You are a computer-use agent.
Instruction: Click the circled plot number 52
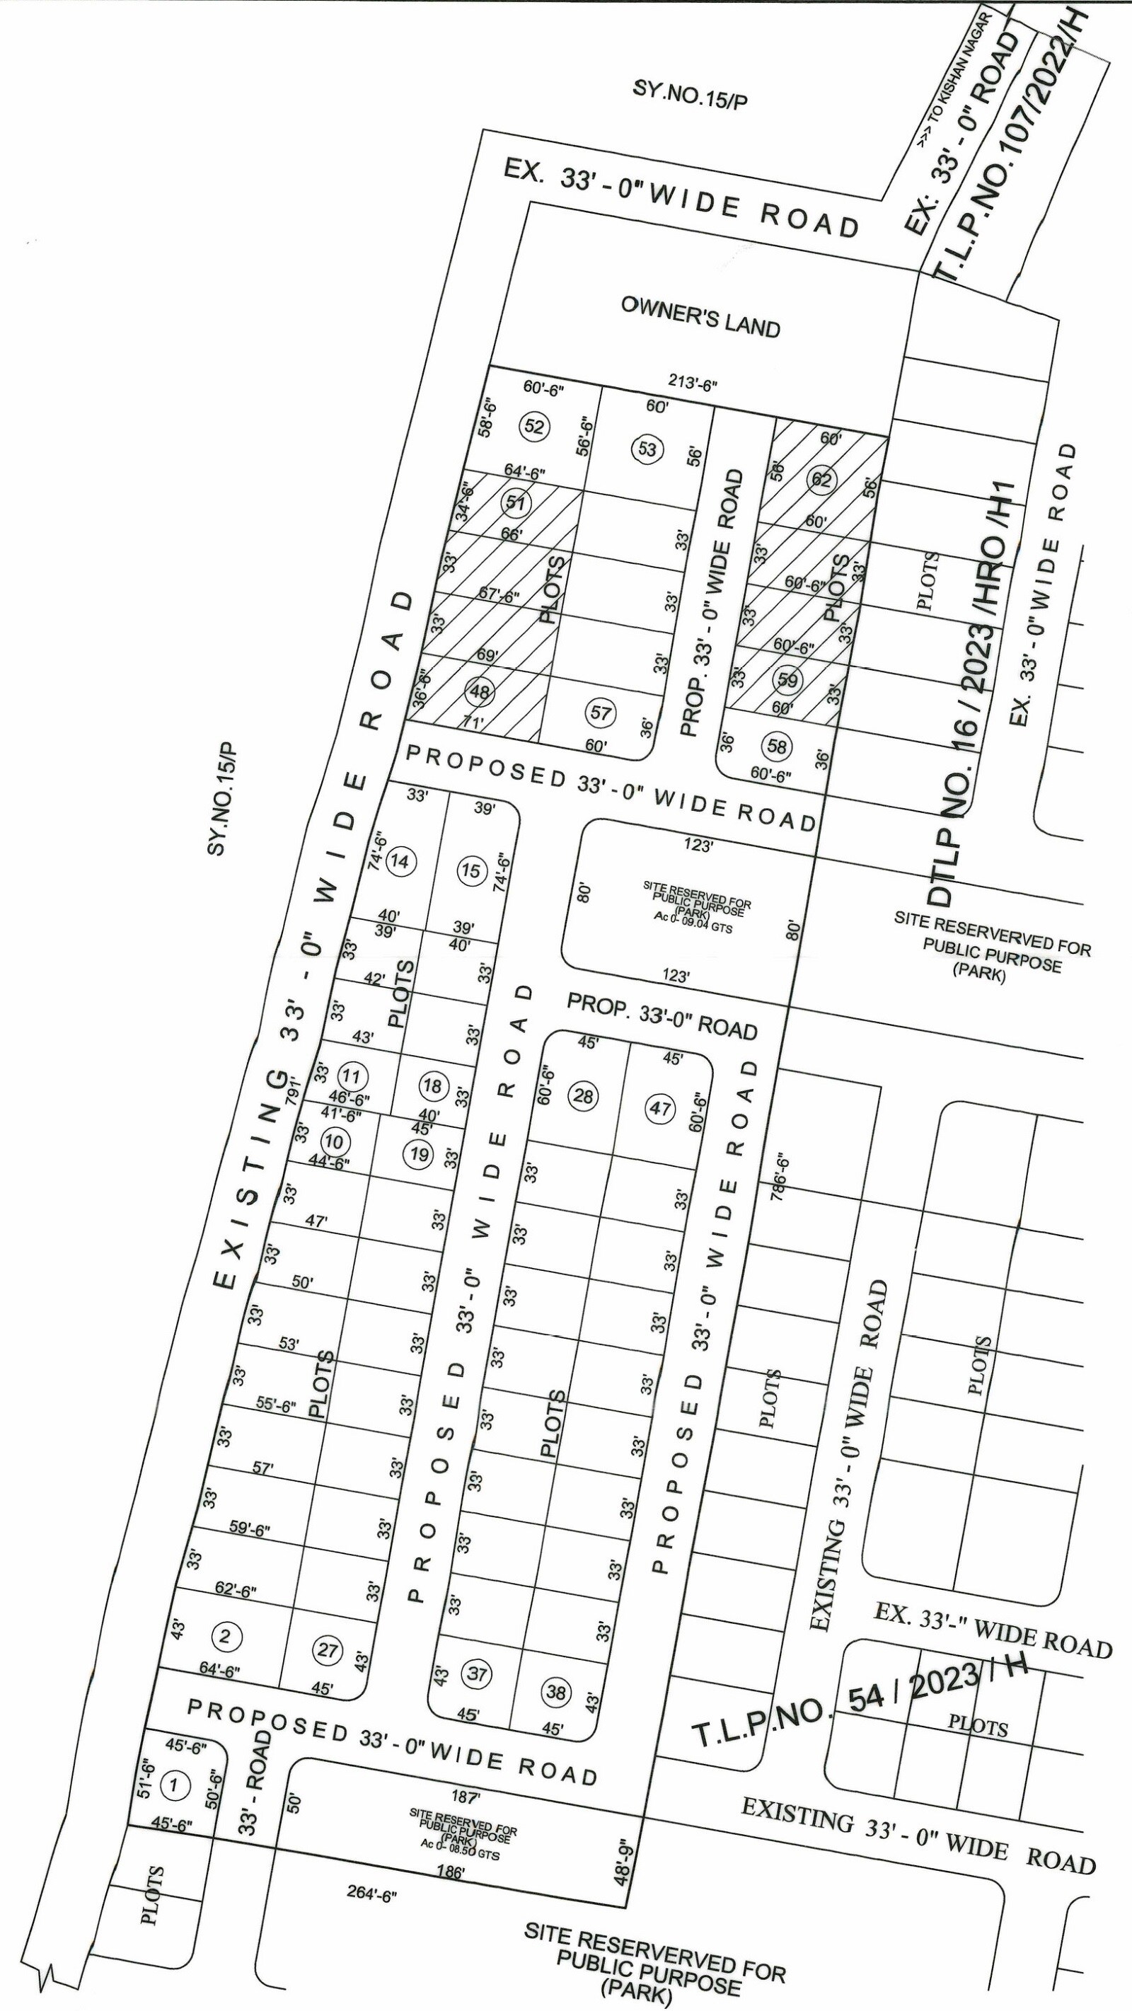[x=535, y=426]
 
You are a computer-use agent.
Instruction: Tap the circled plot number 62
[x=822, y=478]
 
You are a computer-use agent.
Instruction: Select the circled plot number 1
[x=174, y=1784]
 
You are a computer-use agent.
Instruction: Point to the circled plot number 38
[x=556, y=1692]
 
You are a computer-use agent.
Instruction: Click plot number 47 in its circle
[x=661, y=1109]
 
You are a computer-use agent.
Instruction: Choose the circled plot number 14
[x=400, y=861]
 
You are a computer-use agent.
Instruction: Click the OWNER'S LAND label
[x=700, y=316]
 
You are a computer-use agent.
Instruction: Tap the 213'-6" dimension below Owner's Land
[x=691, y=383]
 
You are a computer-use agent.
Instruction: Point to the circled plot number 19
[x=420, y=1154]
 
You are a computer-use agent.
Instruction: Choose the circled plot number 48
[x=480, y=691]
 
